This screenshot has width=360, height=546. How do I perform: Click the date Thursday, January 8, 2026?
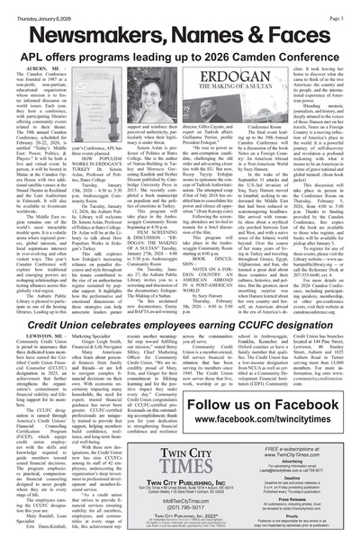point(37,7)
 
